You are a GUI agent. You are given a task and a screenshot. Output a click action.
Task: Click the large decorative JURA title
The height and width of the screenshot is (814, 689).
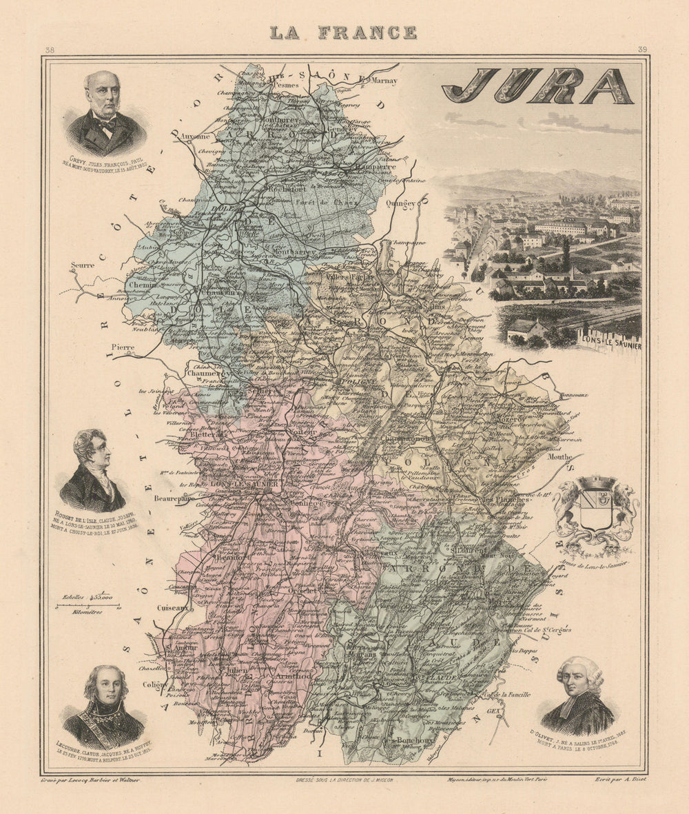click(x=537, y=86)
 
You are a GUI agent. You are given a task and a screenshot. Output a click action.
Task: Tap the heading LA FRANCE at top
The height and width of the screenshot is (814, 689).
click(x=343, y=32)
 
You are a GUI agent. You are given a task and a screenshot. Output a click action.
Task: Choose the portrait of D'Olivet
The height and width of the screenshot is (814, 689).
click(x=577, y=696)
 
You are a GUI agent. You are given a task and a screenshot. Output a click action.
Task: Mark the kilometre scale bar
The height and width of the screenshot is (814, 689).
click(x=88, y=606)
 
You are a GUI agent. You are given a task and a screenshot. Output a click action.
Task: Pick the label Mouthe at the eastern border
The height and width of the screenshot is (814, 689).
click(x=559, y=456)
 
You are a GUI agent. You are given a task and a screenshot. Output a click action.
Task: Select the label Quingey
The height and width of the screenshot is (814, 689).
click(x=401, y=203)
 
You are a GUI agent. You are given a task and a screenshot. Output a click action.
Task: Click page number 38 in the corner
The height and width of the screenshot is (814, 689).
click(x=49, y=50)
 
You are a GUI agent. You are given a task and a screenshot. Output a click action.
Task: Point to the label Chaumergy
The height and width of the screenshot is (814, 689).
click(x=207, y=373)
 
